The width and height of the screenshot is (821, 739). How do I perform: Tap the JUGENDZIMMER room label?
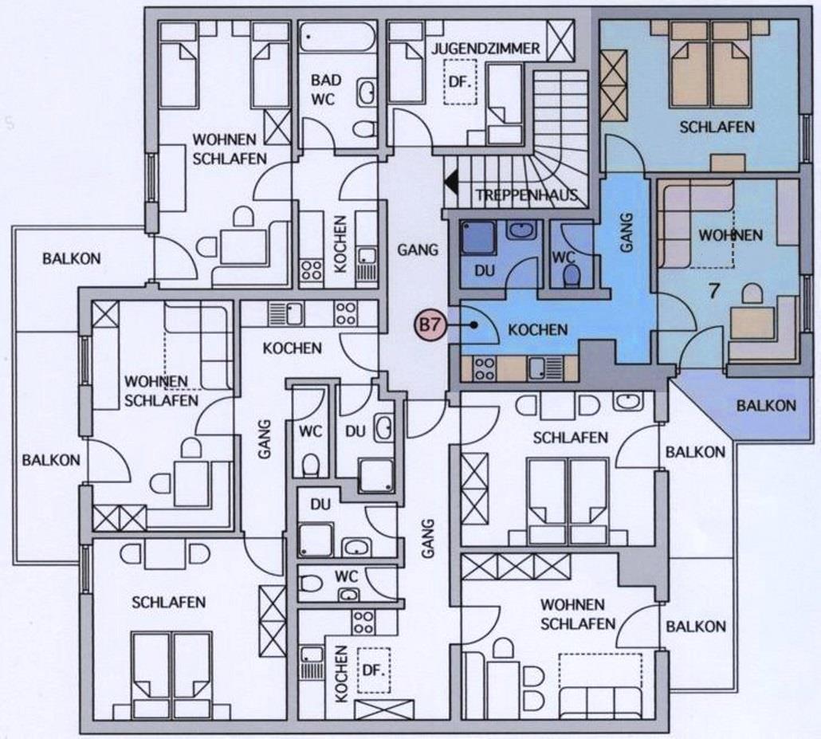click(x=485, y=49)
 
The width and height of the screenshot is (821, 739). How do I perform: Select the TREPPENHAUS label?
click(x=527, y=195)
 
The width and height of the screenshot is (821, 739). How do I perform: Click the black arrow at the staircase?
click(x=450, y=183)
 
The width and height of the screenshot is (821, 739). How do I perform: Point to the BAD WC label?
click(x=326, y=89)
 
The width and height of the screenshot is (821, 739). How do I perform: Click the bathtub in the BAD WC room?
click(x=338, y=36)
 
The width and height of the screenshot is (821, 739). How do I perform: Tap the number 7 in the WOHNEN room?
click(x=713, y=291)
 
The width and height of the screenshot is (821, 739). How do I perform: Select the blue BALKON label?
click(x=766, y=406)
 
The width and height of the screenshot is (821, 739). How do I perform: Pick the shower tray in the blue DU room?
click(x=477, y=238)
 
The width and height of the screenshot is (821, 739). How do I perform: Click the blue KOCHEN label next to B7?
click(x=538, y=330)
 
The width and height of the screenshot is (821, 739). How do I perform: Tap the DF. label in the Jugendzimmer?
click(x=460, y=82)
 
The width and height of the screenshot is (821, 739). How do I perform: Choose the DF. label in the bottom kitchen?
click(x=374, y=671)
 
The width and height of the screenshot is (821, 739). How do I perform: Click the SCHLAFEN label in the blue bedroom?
click(x=717, y=127)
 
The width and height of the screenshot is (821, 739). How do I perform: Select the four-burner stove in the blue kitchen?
click(x=485, y=368)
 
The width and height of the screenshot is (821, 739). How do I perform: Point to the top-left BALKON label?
click(x=72, y=259)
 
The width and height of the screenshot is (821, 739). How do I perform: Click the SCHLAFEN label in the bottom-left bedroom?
click(x=169, y=603)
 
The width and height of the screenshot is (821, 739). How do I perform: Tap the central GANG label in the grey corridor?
click(x=418, y=250)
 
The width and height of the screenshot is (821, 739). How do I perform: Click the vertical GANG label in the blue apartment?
click(x=627, y=233)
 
